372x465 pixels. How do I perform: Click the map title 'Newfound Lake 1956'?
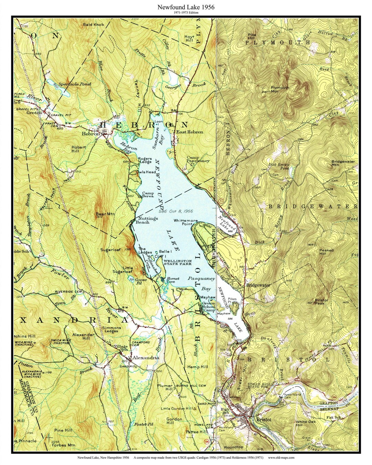186,7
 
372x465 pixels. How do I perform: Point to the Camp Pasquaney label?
198,159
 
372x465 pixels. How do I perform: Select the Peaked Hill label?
327,252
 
